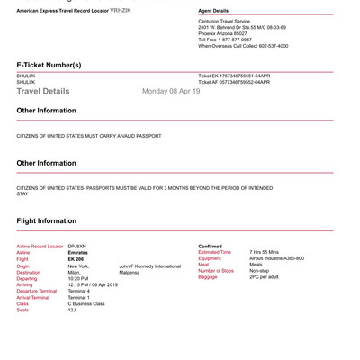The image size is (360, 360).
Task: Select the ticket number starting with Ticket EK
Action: pos(234,76)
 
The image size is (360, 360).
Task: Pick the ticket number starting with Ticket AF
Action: pos(234,82)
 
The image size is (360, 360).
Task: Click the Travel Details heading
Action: pos(42,91)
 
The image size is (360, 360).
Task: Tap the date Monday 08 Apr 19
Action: pos(171,91)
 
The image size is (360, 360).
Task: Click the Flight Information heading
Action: pos(47,220)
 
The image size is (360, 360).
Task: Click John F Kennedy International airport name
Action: pos(149,266)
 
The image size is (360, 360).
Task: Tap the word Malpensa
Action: pos(131,273)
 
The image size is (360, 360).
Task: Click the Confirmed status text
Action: pos(211,246)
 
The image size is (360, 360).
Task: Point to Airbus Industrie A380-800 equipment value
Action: pos(276,258)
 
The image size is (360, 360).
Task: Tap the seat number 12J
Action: pos(72,310)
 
